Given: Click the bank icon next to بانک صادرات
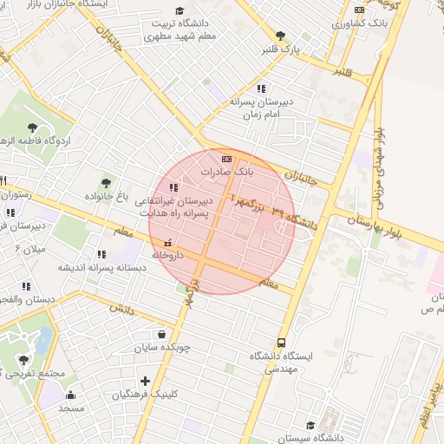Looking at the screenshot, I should tap(227, 159).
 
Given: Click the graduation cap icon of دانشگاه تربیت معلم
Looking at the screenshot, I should tap(180, 10).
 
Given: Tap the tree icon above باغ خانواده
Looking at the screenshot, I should tap(106, 183).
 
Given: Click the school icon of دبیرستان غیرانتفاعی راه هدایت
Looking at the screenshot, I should tap(174, 186).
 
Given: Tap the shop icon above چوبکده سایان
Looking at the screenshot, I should tap(162, 334).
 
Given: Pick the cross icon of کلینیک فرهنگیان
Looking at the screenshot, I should tap(145, 380).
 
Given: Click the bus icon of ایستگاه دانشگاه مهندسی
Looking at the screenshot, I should tap(281, 343).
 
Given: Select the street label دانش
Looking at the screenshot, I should tap(122, 308).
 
